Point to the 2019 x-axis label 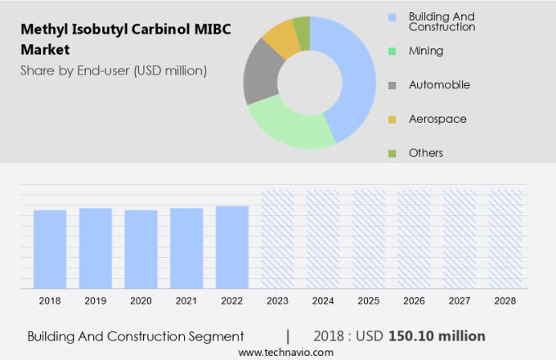point(96,301)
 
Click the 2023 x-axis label point(277,301)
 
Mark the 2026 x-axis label point(414,301)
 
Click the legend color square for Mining point(392,51)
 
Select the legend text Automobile point(439,84)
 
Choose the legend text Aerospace point(437,119)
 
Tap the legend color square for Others point(392,153)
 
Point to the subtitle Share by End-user point(114,70)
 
